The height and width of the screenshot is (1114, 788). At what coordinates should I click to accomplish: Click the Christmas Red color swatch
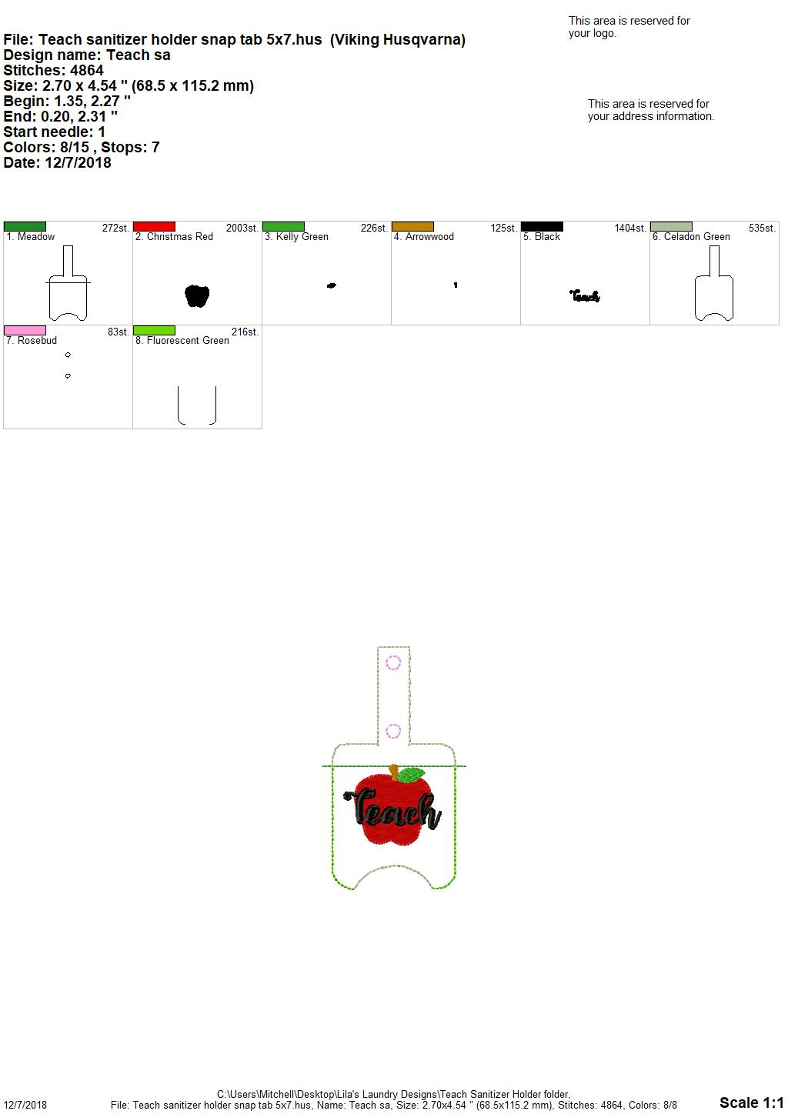pos(154,226)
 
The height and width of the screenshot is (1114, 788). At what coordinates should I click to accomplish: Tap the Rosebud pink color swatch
pos(25,330)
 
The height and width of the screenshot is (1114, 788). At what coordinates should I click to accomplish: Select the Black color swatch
pos(543,226)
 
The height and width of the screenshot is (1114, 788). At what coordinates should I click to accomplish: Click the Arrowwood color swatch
pos(413,226)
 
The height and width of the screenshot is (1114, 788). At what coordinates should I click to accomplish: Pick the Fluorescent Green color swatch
pos(154,330)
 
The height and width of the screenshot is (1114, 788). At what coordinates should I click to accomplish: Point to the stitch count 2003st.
pos(242,228)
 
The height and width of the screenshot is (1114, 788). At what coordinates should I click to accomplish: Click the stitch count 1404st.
pos(630,228)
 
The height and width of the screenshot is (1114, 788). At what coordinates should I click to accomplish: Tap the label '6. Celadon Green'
pos(691,237)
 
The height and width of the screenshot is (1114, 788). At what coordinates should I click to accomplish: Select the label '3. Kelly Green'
pos(296,237)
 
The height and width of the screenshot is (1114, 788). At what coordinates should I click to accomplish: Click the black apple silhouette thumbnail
pos(197,296)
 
